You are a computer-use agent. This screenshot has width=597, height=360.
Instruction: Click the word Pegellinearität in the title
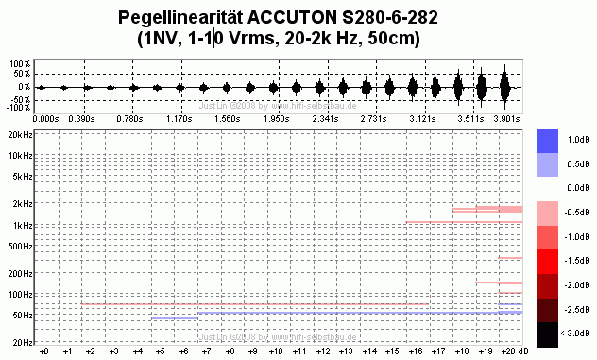point(175,17)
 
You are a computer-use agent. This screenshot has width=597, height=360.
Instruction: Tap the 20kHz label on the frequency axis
point(19,134)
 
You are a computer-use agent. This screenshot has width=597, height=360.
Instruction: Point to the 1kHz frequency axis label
point(22,225)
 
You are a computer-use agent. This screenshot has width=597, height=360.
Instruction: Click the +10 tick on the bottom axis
point(275,351)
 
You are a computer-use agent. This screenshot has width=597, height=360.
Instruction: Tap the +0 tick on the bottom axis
point(43,351)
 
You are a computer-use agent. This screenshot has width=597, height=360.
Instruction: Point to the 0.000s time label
point(44,120)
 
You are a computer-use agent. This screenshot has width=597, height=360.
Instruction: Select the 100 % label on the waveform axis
point(20,64)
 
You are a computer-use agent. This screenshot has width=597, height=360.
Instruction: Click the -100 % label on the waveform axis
point(18,109)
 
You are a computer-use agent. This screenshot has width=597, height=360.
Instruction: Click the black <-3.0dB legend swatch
point(554,334)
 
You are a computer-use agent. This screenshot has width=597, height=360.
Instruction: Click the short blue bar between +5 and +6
point(174,318)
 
